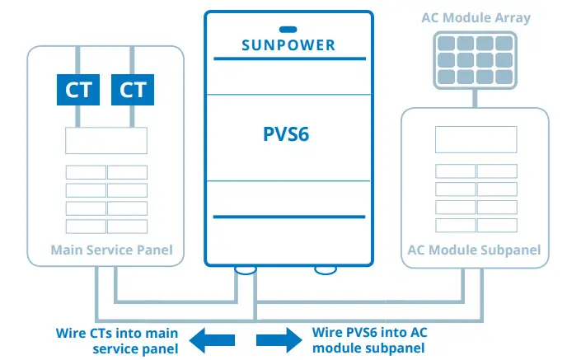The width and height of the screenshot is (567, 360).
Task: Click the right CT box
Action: (133, 89)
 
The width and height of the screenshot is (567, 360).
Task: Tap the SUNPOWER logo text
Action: (288, 44)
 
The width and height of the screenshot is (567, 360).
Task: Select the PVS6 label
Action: (287, 134)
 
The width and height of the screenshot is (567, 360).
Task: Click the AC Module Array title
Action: (476, 18)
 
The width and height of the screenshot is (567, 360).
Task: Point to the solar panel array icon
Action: (476, 61)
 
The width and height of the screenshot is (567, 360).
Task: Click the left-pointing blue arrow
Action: (213, 339)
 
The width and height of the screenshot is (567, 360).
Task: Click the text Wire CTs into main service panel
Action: (121, 340)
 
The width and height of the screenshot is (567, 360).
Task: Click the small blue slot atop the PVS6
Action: (288, 29)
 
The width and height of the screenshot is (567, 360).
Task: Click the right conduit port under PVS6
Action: (325, 269)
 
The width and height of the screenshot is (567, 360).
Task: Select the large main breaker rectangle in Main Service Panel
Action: (106, 140)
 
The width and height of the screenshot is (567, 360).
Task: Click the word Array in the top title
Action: (512, 18)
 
